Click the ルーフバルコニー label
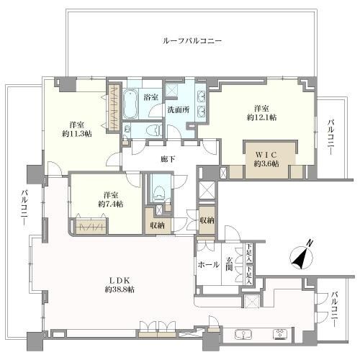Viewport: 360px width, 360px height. [x=192, y=41]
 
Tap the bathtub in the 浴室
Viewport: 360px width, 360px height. [x=130, y=104]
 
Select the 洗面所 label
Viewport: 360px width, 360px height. [x=179, y=109]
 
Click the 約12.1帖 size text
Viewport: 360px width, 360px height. [x=261, y=117]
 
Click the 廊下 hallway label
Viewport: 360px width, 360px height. [x=168, y=159]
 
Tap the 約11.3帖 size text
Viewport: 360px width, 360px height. [x=77, y=134]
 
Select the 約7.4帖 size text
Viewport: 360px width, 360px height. [x=111, y=204]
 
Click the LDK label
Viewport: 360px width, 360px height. [x=120, y=280]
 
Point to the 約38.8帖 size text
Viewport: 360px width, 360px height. [x=120, y=289]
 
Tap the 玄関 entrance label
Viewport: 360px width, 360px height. [x=229, y=264]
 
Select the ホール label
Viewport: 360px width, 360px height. [x=208, y=265]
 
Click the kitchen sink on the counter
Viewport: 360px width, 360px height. [x=243, y=334]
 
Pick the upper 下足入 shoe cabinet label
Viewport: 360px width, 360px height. [x=250, y=253]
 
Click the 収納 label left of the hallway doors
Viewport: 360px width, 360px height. [x=157, y=225]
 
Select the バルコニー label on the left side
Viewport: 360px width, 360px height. [x=24, y=207]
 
